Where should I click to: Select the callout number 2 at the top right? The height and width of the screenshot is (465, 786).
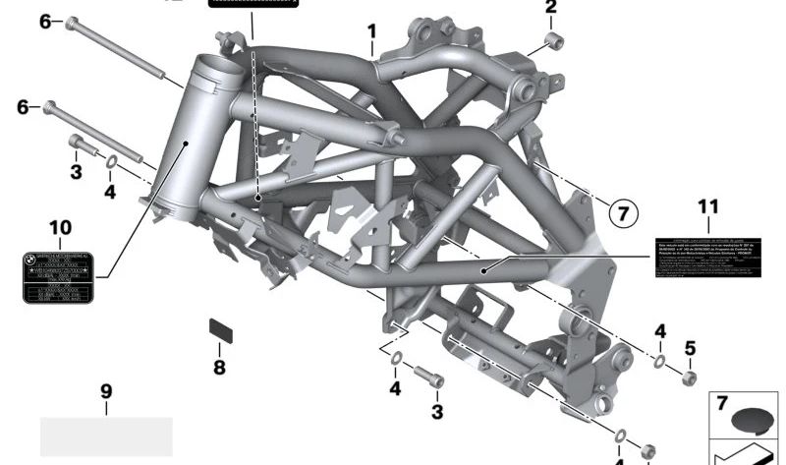point(550,8)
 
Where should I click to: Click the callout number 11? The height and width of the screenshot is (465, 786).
point(708,206)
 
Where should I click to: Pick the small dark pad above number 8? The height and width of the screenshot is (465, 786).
point(220,328)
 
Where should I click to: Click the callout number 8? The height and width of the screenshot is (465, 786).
point(219,368)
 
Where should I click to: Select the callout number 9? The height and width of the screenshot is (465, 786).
point(106,391)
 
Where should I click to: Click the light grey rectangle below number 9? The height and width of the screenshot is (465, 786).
point(106,436)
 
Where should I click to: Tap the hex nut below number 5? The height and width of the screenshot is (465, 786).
point(689,378)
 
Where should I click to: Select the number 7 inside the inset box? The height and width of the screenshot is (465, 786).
point(721,404)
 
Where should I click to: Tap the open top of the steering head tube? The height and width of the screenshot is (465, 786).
point(218,69)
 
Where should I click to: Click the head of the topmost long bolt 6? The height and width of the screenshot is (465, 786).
point(72,23)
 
